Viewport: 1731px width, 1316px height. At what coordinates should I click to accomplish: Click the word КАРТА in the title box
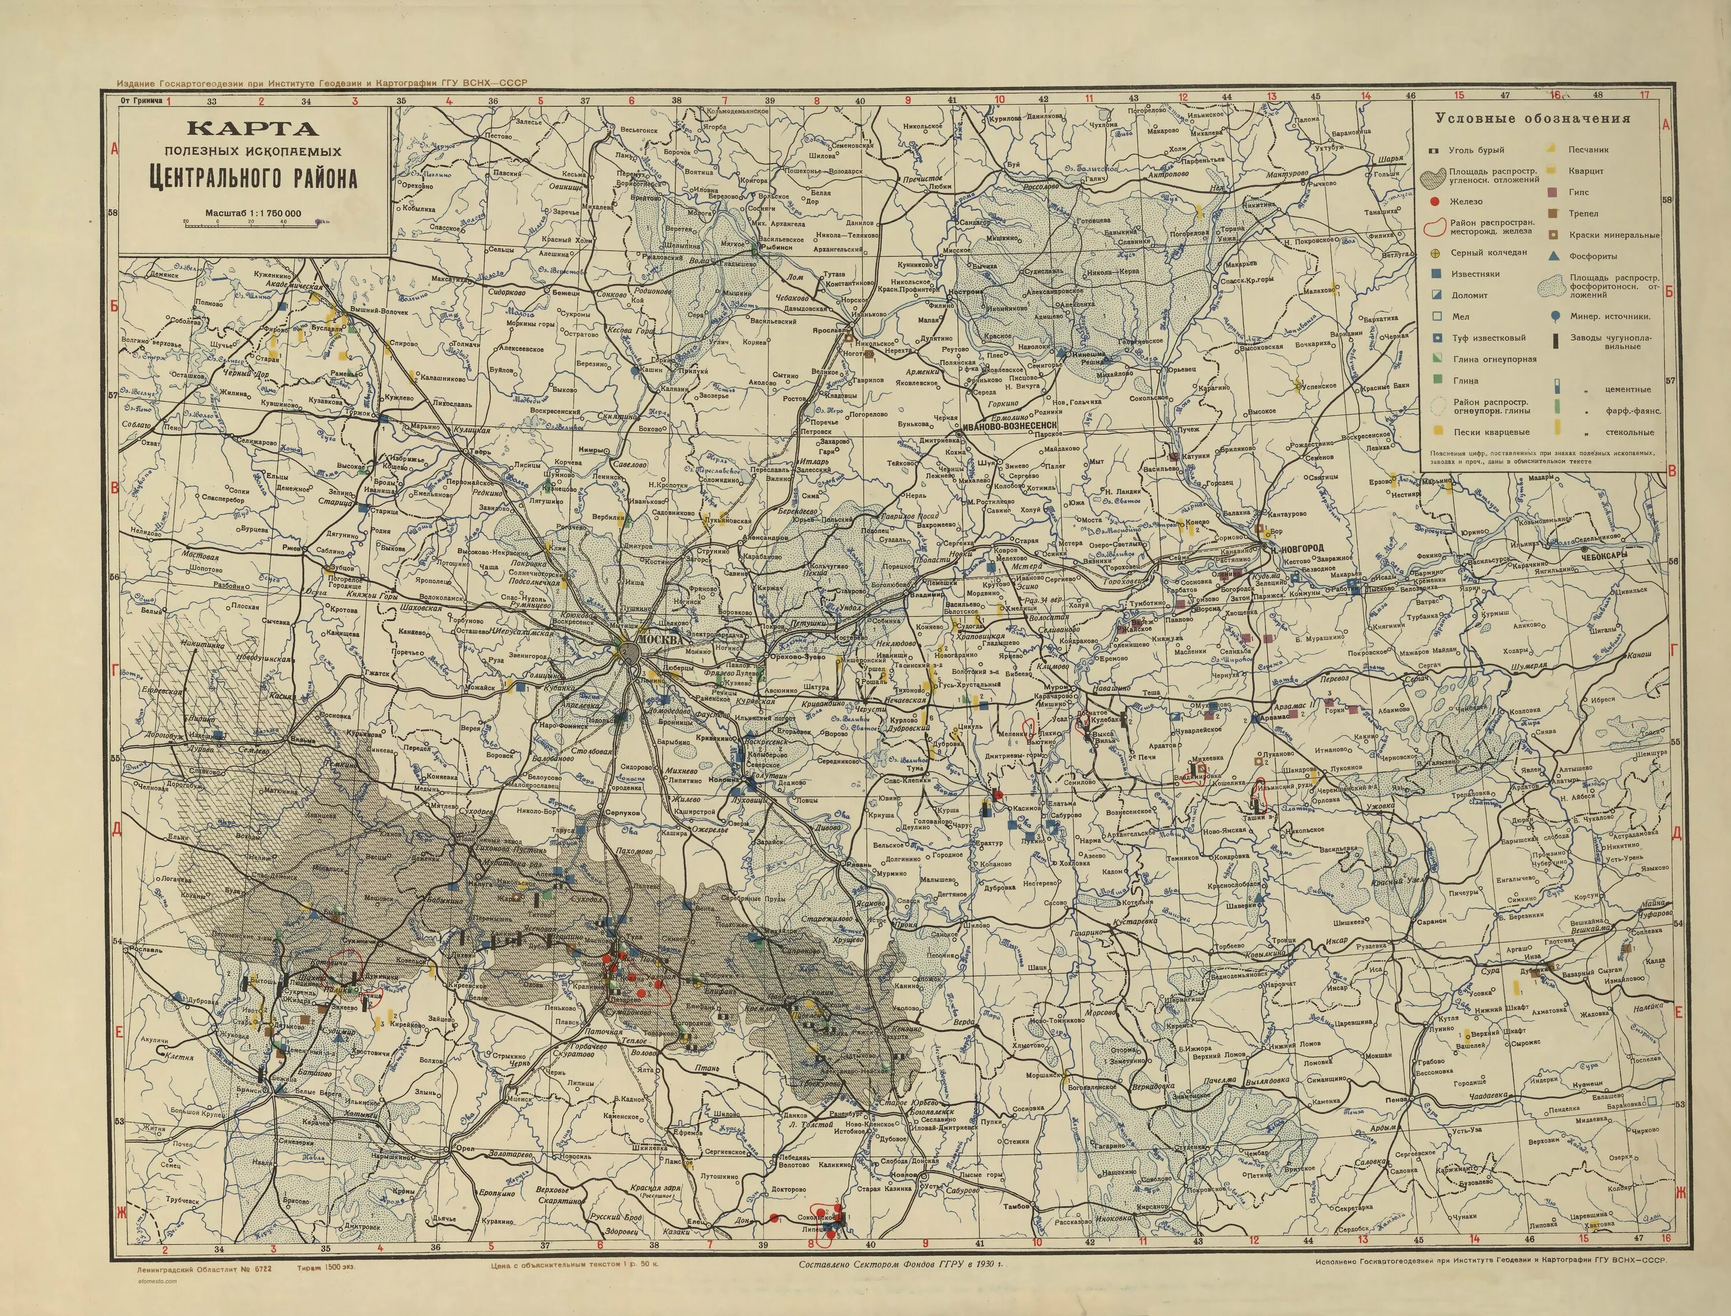click(x=252, y=129)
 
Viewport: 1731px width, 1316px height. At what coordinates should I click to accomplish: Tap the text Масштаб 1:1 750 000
click(x=252, y=213)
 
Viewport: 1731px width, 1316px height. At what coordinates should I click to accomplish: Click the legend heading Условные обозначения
click(x=1533, y=119)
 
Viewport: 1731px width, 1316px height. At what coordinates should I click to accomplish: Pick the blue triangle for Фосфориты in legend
click(x=1553, y=256)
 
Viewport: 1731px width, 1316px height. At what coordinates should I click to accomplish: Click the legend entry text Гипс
click(x=1578, y=192)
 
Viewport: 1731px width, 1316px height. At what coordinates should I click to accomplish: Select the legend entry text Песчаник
click(x=1587, y=149)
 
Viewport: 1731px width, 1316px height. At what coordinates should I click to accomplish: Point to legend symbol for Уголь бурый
click(x=1433, y=149)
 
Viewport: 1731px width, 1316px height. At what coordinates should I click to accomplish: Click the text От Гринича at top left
click(x=141, y=101)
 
